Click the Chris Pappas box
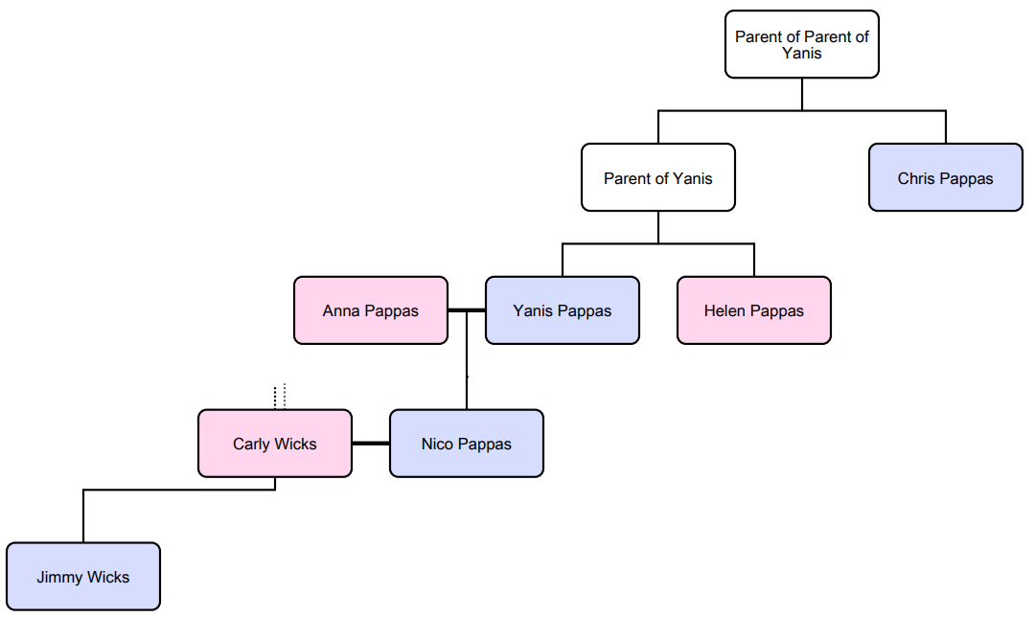945,177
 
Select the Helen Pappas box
753,310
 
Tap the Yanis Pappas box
562,310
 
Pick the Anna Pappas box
370,310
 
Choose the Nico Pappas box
466,444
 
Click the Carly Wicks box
274,444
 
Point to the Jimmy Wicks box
82,577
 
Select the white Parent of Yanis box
657,177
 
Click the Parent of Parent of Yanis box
801,44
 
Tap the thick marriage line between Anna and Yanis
467,310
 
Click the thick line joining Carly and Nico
371,444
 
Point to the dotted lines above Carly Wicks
279,396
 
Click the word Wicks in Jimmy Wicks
107,577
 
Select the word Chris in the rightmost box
916,178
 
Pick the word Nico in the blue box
437,444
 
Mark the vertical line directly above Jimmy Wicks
83,517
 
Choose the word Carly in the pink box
252,444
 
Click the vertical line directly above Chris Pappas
946,127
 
